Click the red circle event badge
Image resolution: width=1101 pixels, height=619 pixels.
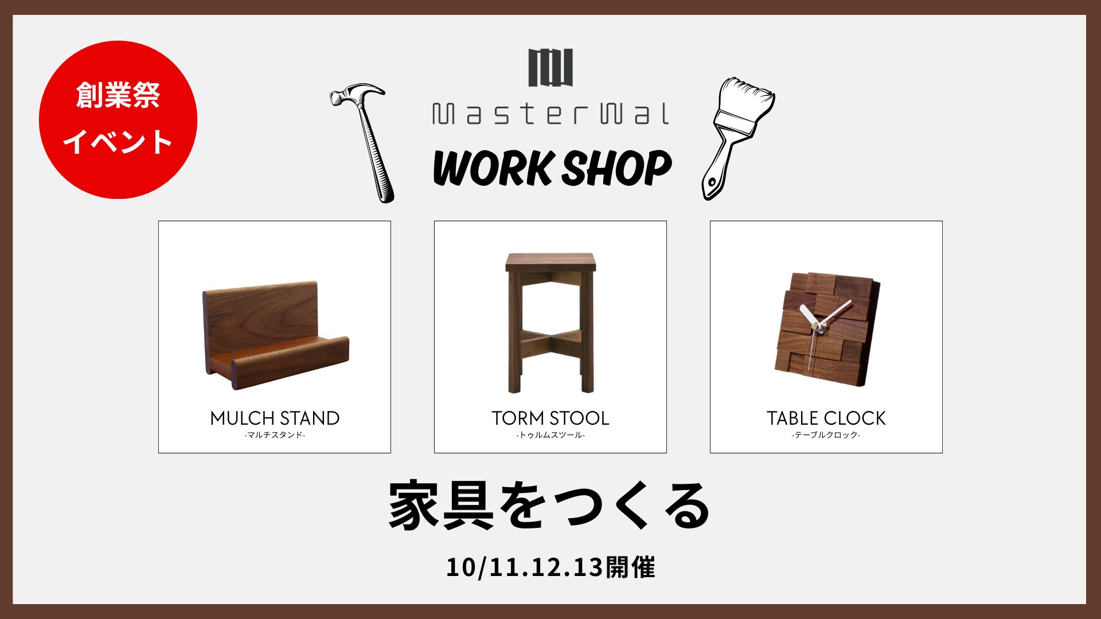118,120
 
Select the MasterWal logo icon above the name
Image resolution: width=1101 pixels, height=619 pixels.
550,68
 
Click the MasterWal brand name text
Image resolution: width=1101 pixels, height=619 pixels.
550,113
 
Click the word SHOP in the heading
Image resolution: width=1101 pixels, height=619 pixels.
616,169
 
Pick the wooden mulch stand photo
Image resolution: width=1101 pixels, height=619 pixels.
275,335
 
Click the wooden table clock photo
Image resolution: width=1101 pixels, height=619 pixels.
826,330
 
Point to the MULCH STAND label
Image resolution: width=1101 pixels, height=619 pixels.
275,418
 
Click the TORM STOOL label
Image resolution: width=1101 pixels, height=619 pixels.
550,418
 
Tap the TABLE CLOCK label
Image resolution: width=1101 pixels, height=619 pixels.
826,418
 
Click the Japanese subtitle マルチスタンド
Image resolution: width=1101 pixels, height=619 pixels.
275,435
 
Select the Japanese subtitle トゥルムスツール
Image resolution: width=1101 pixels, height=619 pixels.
550,435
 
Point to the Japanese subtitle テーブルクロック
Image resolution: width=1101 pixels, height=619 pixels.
826,435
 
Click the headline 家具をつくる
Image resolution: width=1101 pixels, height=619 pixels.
549,506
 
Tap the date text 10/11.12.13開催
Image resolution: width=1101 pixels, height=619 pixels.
550,567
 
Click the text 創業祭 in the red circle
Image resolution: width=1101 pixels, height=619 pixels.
118,95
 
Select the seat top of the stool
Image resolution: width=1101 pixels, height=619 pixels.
550,262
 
